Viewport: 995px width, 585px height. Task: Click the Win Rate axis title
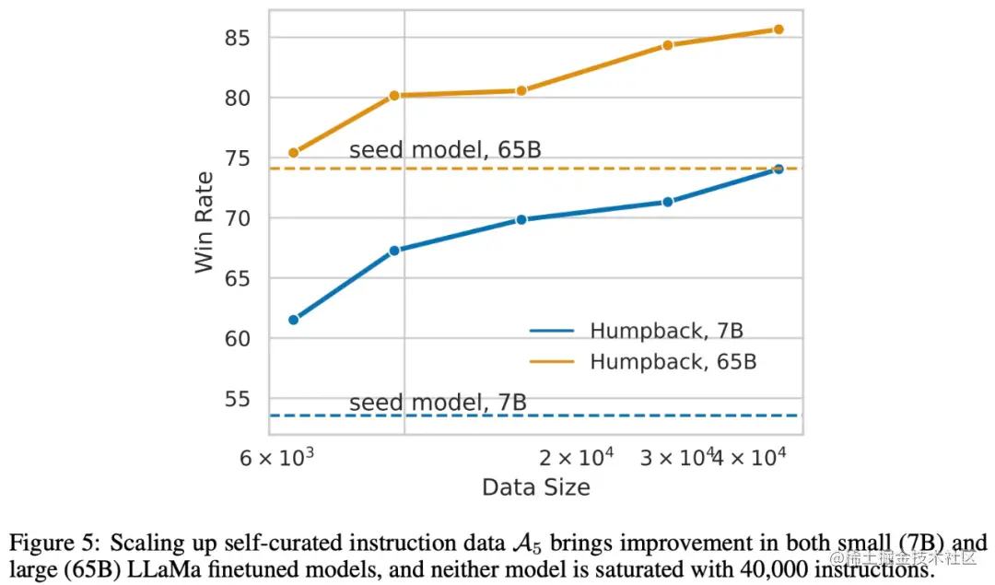tap(205, 222)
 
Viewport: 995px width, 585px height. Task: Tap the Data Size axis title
tap(535, 487)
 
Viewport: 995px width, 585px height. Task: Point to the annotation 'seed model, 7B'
tap(438, 403)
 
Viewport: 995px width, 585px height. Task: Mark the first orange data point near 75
tap(294, 153)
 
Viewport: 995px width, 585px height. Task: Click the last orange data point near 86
tap(778, 29)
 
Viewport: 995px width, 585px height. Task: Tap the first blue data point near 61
tap(294, 320)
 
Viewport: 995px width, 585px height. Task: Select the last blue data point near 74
tap(778, 169)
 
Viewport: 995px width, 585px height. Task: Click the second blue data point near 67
tap(394, 251)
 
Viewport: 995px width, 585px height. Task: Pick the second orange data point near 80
tap(394, 95)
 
